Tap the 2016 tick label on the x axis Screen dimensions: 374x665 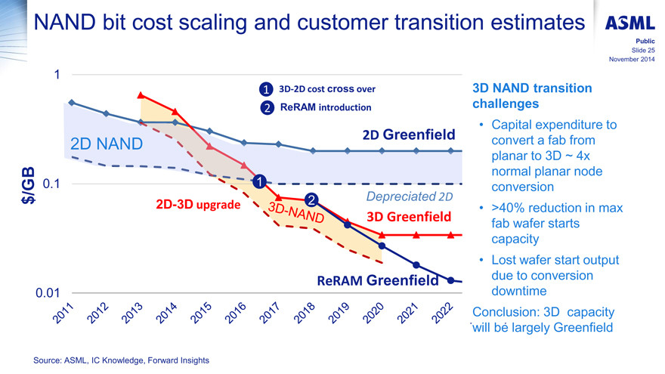(x=237, y=314)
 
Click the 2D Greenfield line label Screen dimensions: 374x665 (x=409, y=135)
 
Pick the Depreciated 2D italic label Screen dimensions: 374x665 (x=408, y=197)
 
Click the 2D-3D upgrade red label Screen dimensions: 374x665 (x=198, y=205)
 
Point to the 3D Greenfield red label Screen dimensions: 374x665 (x=408, y=218)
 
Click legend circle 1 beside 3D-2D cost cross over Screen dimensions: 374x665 (x=266, y=89)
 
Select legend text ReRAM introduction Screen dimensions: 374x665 (x=326, y=107)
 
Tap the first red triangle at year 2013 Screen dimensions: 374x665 (x=141, y=95)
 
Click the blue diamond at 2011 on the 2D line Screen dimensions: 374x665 (x=72, y=102)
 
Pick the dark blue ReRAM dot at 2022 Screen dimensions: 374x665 (x=450, y=280)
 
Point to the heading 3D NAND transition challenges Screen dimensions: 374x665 (x=531, y=96)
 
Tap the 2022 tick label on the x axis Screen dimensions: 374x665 (x=442, y=314)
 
